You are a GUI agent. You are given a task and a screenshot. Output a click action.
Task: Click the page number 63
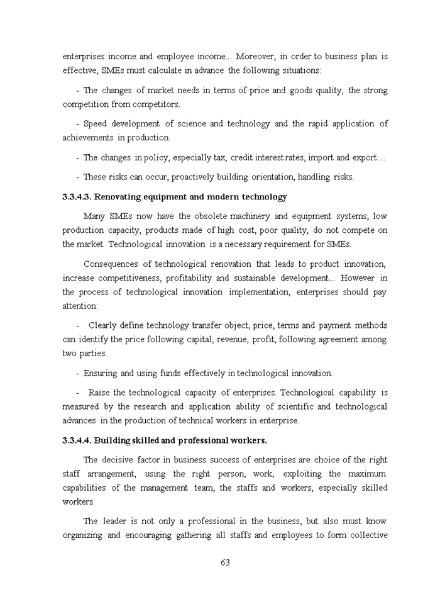click(x=225, y=562)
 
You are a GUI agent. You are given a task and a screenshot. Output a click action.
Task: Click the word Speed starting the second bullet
click(x=96, y=123)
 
